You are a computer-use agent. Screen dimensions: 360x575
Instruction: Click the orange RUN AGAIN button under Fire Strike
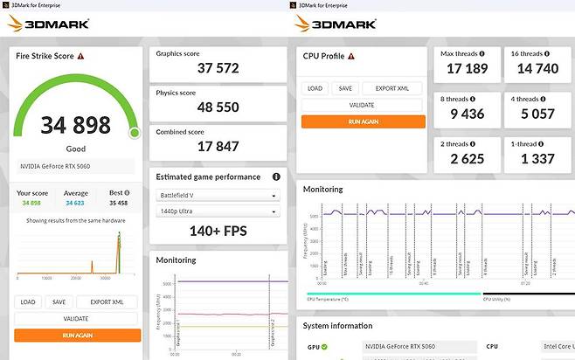pyautogui.click(x=77, y=335)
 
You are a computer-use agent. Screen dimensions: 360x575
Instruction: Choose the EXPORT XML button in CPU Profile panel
pyautogui.click(x=391, y=88)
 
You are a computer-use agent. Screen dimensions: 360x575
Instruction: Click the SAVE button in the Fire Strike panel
pyautogui.click(x=59, y=302)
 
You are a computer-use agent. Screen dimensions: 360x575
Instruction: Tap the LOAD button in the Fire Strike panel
pyautogui.click(x=28, y=302)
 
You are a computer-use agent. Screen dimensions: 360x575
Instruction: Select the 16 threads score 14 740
pyautogui.click(x=538, y=68)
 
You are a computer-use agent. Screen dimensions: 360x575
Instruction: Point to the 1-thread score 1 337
pyautogui.click(x=538, y=158)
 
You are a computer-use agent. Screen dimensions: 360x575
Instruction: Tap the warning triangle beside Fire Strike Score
pyautogui.click(x=80, y=56)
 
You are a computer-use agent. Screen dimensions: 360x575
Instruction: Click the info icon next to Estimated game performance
pyautogui.click(x=277, y=177)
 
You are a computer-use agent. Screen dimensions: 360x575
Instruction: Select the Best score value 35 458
pyautogui.click(x=117, y=203)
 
